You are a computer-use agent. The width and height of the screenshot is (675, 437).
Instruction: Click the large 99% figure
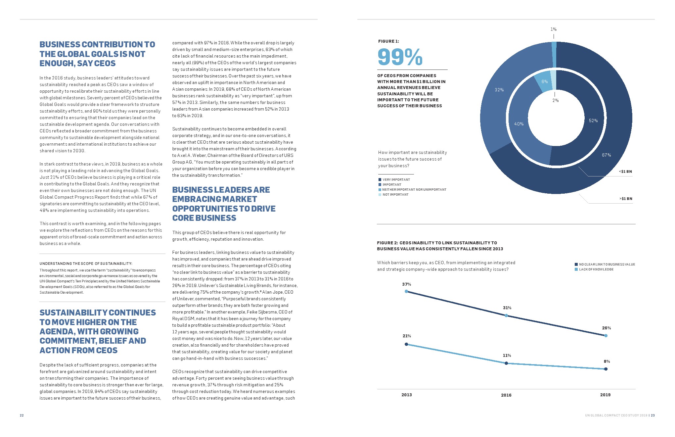coord(400,57)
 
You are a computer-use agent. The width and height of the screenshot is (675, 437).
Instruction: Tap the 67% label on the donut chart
coord(606,155)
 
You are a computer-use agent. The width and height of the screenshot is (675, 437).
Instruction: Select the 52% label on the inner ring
coord(593,121)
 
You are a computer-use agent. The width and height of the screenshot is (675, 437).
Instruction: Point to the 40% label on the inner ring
coord(519,124)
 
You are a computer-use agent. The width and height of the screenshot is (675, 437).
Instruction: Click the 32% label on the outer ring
coord(499,90)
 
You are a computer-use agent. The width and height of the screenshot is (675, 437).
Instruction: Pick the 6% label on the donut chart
coord(545,81)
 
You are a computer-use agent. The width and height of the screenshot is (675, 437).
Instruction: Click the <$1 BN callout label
coord(625,171)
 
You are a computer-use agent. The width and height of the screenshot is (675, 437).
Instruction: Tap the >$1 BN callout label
coord(626,199)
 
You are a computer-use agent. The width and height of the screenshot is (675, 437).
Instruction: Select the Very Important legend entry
coord(396,180)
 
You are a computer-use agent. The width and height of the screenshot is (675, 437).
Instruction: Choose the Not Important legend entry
coord(395,195)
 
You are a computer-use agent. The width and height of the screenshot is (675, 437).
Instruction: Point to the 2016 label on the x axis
coord(506,395)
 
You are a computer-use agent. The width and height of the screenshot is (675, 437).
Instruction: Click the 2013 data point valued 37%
coord(407,292)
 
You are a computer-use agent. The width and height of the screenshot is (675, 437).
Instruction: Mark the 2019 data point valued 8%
coord(606,369)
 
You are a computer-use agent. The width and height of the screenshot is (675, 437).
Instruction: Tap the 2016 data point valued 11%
coord(506,364)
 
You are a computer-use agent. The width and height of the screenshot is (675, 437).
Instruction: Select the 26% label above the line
coord(606,328)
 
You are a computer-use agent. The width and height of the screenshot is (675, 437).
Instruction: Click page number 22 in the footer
coord(22,415)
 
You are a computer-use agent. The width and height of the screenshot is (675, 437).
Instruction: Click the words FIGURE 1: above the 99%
coord(388,41)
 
